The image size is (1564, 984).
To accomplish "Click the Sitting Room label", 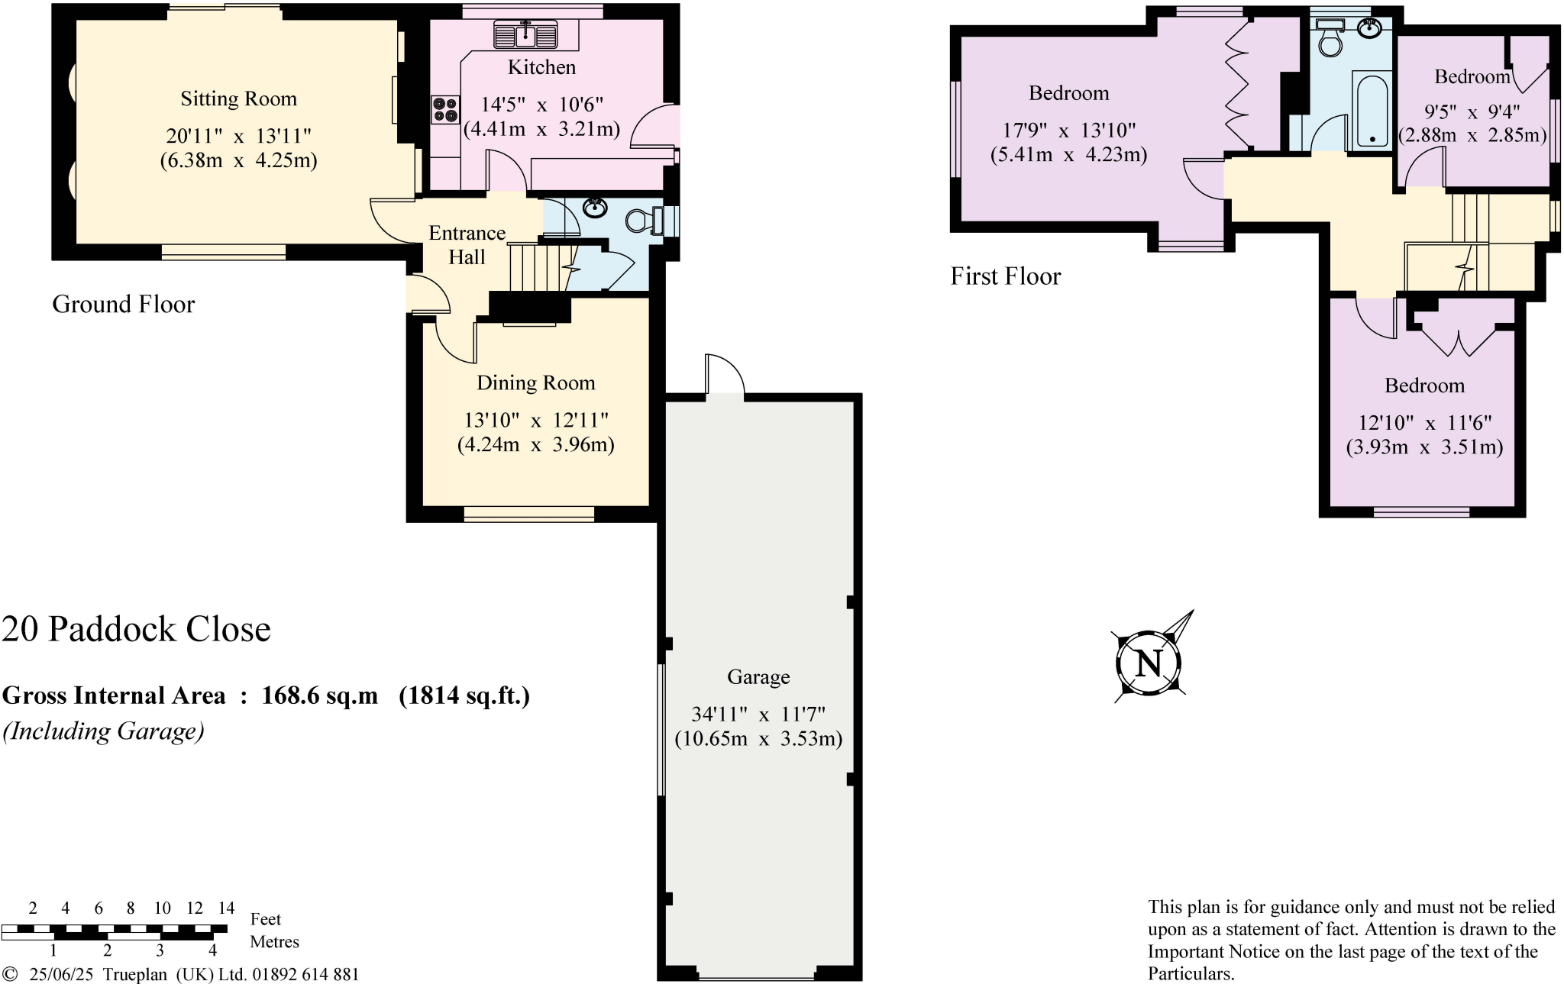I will click(x=238, y=98).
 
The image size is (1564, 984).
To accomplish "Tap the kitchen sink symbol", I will click(x=525, y=35).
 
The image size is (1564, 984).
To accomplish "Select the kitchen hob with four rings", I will click(x=444, y=109).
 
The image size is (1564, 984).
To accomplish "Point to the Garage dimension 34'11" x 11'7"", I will click(x=758, y=715).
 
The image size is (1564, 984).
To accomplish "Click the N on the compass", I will click(x=1149, y=663).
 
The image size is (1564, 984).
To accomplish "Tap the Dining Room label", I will click(x=535, y=383).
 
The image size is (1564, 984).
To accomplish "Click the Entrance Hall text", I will click(x=467, y=244).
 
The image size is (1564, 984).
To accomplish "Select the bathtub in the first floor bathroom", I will click(x=1372, y=109).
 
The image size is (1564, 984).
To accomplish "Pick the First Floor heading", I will click(x=1005, y=276).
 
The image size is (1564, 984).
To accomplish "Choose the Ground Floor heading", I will click(x=123, y=305).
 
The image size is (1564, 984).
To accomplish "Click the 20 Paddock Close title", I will click(x=136, y=629).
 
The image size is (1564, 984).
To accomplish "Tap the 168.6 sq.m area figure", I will click(x=319, y=695).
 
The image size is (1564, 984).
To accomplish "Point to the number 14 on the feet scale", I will click(x=226, y=908).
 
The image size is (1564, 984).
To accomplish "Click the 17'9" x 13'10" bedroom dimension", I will click(x=1068, y=131).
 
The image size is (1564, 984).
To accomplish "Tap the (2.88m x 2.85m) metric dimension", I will click(x=1472, y=136).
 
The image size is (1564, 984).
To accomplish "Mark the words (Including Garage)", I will click(x=104, y=731).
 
